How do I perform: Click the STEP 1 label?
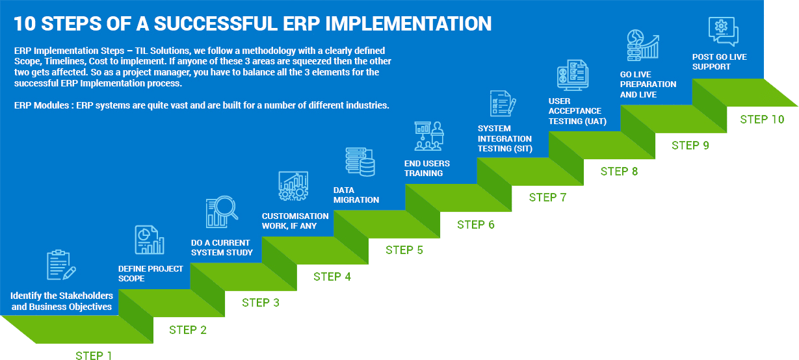click(x=94, y=355)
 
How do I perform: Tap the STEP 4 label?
click(x=332, y=276)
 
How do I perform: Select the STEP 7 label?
click(x=547, y=197)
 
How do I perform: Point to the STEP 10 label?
click(x=761, y=120)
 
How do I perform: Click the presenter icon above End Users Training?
click(x=428, y=136)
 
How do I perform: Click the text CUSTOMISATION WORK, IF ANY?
click(x=295, y=221)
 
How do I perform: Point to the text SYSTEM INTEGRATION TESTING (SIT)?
click(x=505, y=138)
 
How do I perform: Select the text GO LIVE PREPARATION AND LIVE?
click(x=648, y=84)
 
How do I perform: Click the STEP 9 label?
click(x=690, y=146)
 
